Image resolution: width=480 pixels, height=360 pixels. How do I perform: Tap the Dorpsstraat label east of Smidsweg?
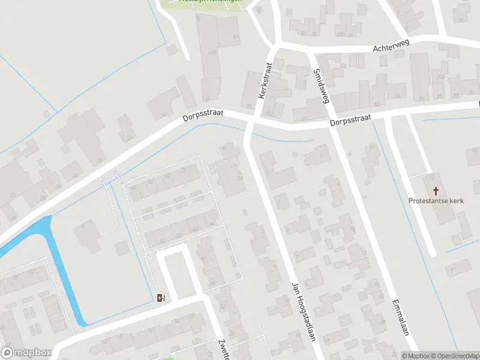point(350,120)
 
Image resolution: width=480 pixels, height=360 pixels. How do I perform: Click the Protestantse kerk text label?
point(431,201)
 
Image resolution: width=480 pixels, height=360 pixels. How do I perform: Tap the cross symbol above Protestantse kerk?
point(431,191)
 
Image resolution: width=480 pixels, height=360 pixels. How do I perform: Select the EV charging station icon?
point(161,298)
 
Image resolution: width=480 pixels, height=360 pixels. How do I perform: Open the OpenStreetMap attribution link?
point(454,356)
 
